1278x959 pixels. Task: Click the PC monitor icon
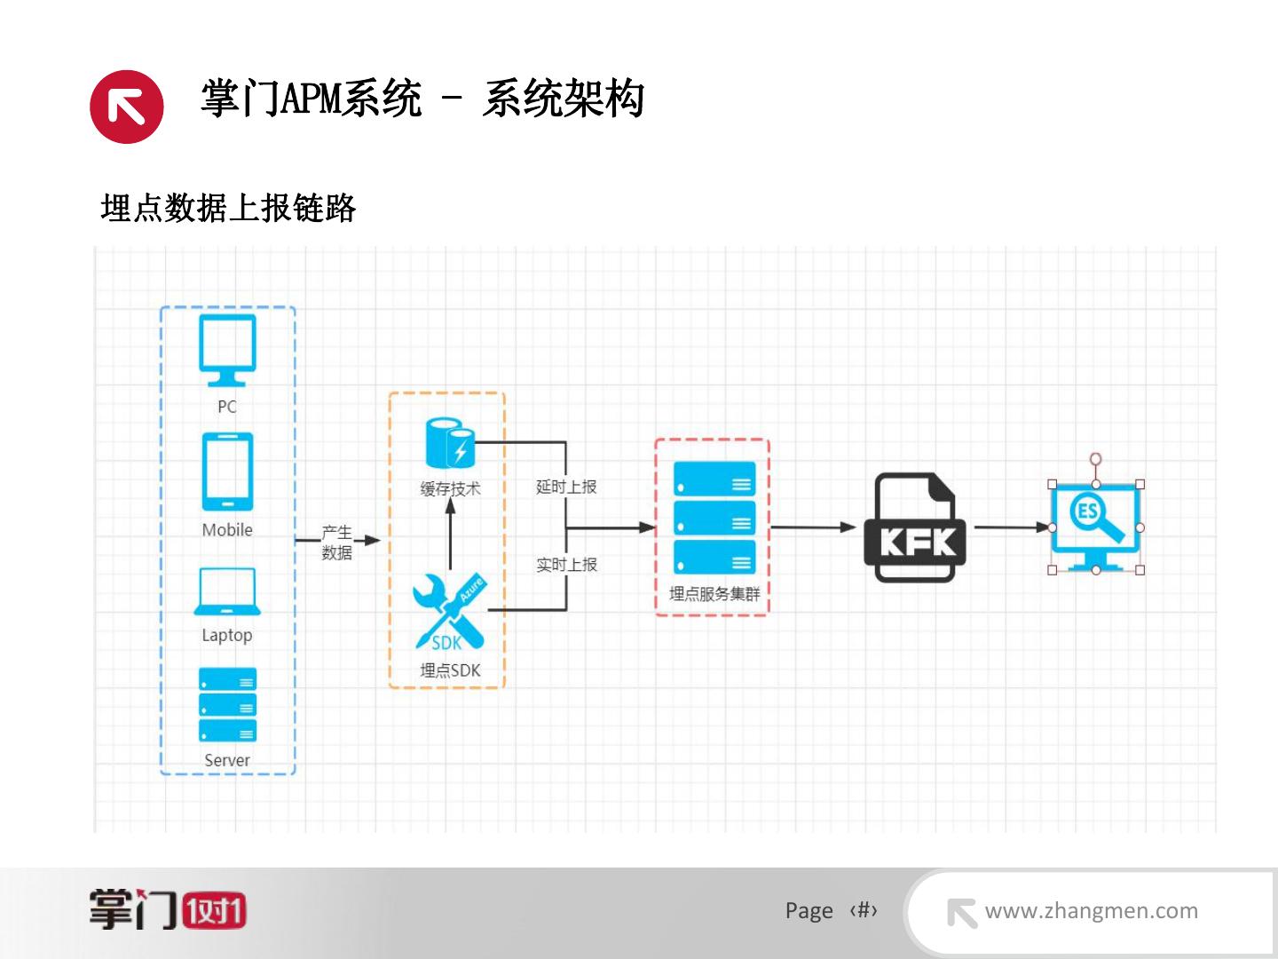[227, 349]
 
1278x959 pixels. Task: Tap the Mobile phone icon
[227, 472]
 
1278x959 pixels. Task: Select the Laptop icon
[227, 591]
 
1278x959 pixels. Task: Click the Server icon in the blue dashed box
[227, 705]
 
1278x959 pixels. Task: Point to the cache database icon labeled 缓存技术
[450, 443]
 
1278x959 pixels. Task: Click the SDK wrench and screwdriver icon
[449, 611]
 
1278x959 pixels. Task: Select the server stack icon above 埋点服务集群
[714, 518]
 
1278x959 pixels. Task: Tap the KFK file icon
[914, 527]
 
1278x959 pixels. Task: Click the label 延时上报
[566, 487]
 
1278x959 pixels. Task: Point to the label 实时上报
[566, 565]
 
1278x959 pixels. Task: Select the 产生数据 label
[336, 543]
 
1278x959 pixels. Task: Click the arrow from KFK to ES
[1012, 527]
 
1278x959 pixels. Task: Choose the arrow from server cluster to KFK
[812, 527]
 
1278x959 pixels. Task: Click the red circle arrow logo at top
[127, 107]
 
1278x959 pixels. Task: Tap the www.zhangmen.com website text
[1091, 910]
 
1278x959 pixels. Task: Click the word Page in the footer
[809, 911]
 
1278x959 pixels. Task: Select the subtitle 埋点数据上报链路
[228, 209]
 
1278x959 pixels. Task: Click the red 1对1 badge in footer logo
[214, 911]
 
